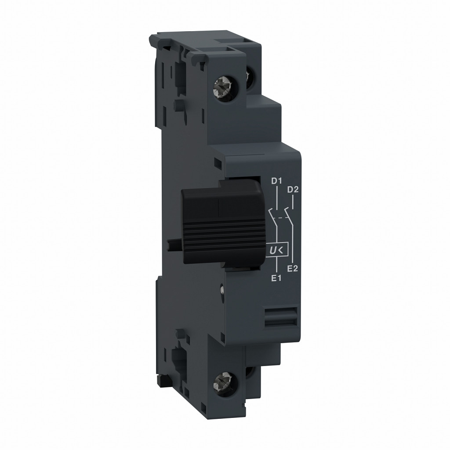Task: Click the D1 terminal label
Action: click(276, 181)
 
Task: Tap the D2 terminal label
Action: click(293, 190)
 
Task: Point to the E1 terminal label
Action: click(276, 278)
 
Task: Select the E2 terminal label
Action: click(293, 269)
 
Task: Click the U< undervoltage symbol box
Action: click(277, 250)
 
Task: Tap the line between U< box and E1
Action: click(276, 264)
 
